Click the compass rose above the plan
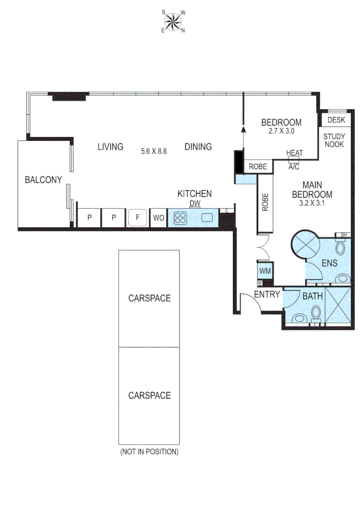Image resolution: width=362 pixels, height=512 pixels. [173, 21]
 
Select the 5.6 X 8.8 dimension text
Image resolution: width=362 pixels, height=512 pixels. [154, 152]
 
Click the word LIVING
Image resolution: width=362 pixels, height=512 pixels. [110, 146]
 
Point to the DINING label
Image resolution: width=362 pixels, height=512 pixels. [198, 146]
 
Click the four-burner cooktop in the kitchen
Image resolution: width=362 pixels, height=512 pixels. [181, 218]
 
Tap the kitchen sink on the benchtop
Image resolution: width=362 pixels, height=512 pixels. [208, 218]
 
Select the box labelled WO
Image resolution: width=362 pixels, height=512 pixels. [158, 218]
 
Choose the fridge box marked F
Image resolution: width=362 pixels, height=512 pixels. [137, 218]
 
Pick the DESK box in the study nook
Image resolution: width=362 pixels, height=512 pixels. [336, 120]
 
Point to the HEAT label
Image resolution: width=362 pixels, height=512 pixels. [294, 153]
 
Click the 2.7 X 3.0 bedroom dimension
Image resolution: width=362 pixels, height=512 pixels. [281, 131]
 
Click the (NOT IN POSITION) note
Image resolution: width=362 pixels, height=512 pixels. [149, 452]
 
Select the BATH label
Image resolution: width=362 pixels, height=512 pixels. [312, 297]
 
